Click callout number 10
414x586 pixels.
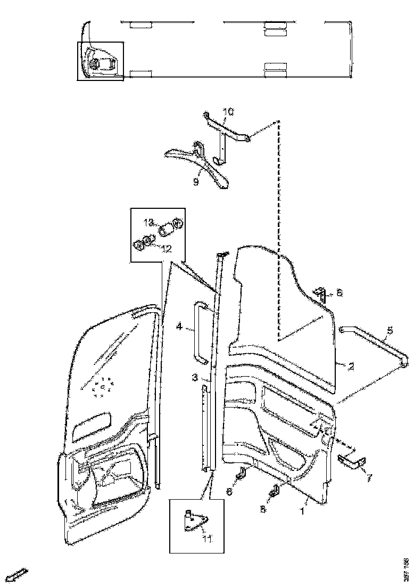[228, 112]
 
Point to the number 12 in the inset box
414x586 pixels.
[166, 248]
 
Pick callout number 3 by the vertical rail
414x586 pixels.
[195, 378]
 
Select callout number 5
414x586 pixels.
[390, 331]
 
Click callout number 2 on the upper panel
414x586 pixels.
[351, 366]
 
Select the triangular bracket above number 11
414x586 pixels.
[194, 522]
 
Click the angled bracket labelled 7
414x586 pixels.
[351, 461]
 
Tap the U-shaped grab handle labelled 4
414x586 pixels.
[197, 330]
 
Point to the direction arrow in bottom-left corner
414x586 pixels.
[18, 575]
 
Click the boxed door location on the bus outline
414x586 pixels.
[101, 61]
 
